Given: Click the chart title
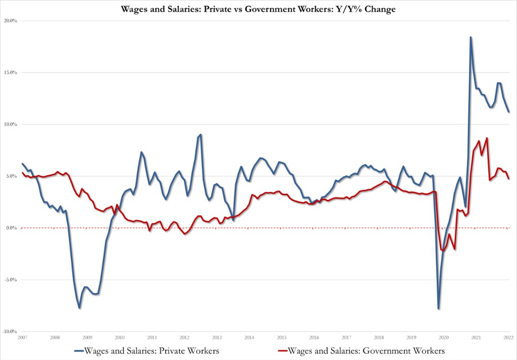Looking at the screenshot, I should (x=258, y=9).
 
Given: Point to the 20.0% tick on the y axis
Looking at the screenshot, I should (x=11, y=21).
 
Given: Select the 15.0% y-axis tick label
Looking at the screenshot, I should (x=11, y=73).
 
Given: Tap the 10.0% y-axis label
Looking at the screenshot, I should (x=11, y=125).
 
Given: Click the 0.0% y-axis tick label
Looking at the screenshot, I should (x=12, y=228).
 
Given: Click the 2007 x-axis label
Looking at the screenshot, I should (x=22, y=337).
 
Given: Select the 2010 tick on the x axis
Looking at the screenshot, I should (x=119, y=337).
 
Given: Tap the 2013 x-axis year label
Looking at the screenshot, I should (x=217, y=337).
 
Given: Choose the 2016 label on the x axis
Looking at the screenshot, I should (x=314, y=337).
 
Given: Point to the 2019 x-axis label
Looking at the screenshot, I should (x=411, y=337).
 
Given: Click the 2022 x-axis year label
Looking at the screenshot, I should (x=508, y=337).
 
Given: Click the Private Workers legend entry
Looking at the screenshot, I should (x=146, y=349).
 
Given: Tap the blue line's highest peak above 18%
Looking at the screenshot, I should (x=471, y=37).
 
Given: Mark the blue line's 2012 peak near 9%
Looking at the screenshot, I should (x=200, y=135).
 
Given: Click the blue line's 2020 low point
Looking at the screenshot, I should (x=438, y=308).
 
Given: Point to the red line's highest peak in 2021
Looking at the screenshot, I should (x=487, y=138).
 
